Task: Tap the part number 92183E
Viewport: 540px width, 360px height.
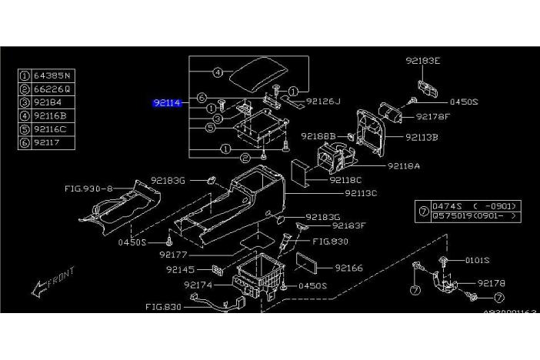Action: pyautogui.click(x=424, y=60)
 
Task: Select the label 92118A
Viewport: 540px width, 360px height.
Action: pyautogui.click(x=405, y=165)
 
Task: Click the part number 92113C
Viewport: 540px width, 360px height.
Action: pyautogui.click(x=361, y=193)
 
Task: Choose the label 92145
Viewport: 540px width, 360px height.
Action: pyautogui.click(x=182, y=270)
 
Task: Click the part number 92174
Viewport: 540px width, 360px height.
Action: pyautogui.click(x=198, y=285)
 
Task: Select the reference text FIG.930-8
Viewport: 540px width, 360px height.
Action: pyautogui.click(x=88, y=187)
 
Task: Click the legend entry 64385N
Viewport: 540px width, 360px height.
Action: pyautogui.click(x=52, y=75)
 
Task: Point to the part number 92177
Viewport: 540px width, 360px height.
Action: pyautogui.click(x=174, y=254)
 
